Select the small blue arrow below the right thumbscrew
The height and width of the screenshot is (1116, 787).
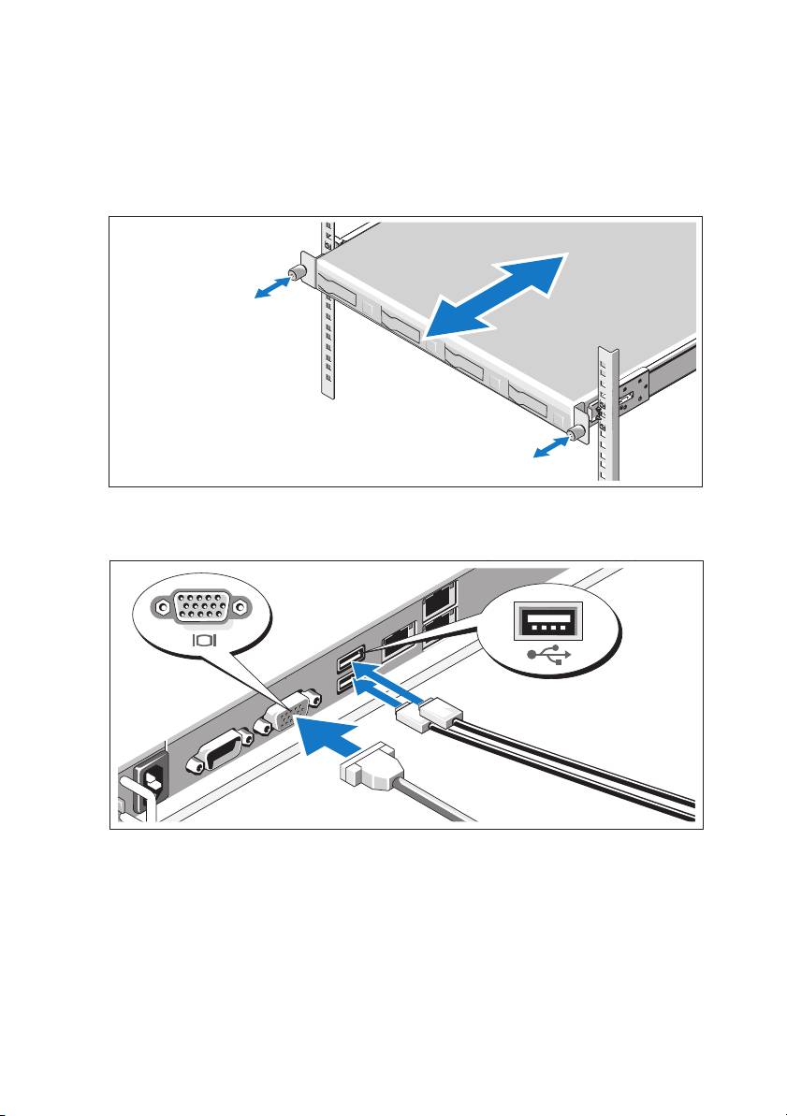tap(549, 448)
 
